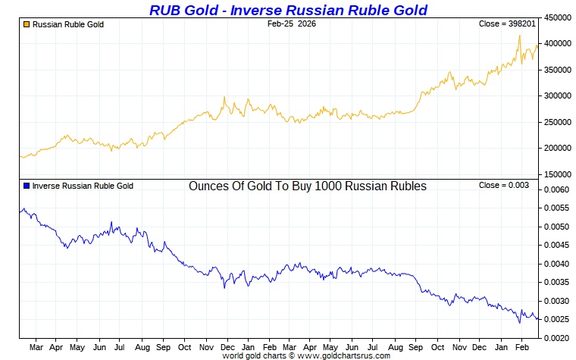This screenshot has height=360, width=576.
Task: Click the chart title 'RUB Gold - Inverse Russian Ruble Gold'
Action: (288, 10)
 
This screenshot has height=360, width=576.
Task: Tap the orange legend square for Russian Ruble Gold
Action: (27, 24)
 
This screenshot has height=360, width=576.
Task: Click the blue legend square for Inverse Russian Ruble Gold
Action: (27, 186)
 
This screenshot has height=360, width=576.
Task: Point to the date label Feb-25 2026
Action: (292, 24)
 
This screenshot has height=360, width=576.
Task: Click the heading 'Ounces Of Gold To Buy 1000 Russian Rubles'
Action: (307, 186)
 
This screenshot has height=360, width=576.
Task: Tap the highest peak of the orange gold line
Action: (519, 36)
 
